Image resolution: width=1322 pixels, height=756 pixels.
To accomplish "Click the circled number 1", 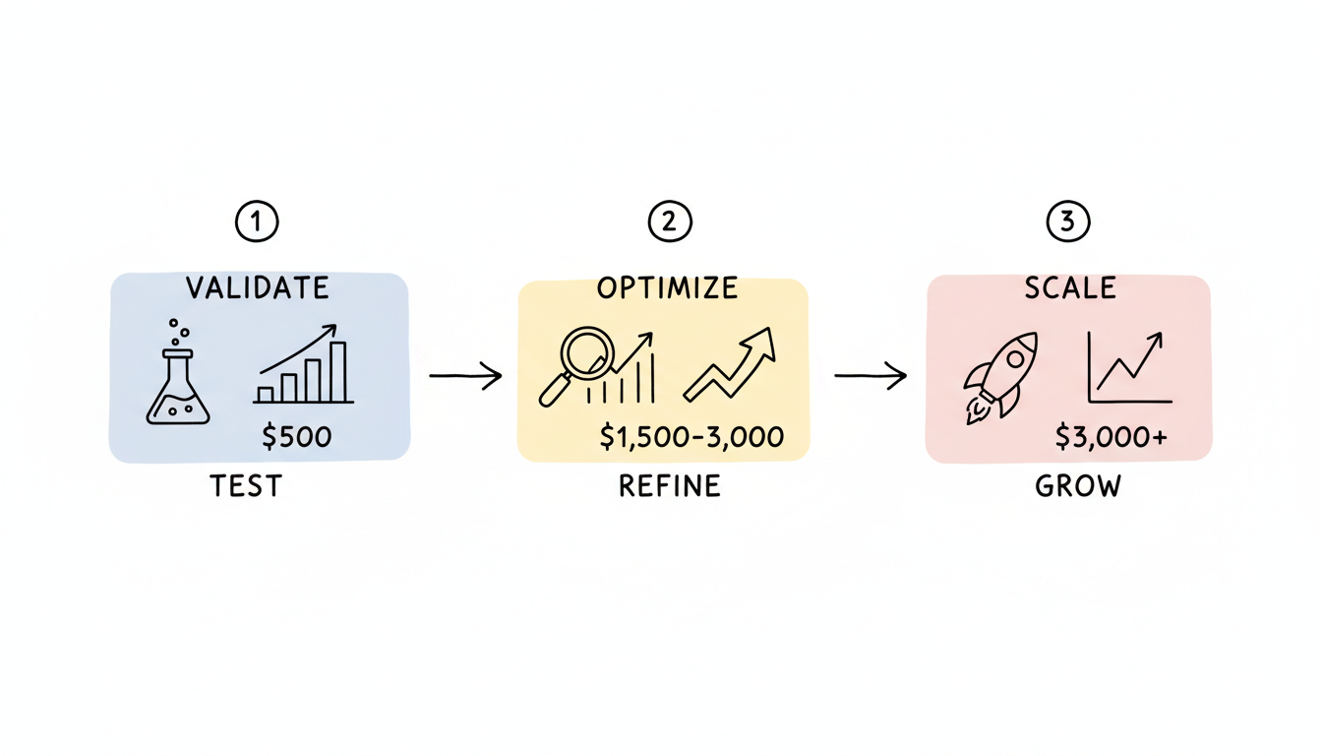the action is pos(257,222).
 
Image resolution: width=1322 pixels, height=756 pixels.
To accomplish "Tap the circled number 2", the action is pos(669,222).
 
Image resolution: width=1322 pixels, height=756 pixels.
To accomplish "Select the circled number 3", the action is pos(1068,222).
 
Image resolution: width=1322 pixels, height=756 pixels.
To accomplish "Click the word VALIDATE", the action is pos(258,287).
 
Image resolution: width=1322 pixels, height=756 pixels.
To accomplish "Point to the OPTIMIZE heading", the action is pos(667,287).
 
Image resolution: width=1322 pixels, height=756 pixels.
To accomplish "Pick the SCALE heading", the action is pos(1070,287).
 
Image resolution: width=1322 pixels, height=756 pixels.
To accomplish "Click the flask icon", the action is pos(178,376).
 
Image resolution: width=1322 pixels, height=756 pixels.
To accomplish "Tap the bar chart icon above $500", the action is pos(304,366).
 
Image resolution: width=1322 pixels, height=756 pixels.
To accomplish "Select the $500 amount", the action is pos(296,436).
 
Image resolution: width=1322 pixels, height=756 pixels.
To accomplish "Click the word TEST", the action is pos(246,486).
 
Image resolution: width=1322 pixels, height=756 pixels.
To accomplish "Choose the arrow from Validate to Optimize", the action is pos(465,376).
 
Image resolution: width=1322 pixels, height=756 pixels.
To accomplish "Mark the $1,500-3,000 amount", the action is pos(691,437).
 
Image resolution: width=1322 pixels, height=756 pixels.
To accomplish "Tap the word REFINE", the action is pos(669,486).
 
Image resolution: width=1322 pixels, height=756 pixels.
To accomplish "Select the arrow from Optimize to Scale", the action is pos(871,376).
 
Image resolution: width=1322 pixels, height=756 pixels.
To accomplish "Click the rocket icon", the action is pos(998,377).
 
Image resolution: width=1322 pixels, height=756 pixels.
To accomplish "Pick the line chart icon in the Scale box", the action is pos(1129,368).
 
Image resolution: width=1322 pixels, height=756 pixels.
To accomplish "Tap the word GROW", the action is pos(1078,486).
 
